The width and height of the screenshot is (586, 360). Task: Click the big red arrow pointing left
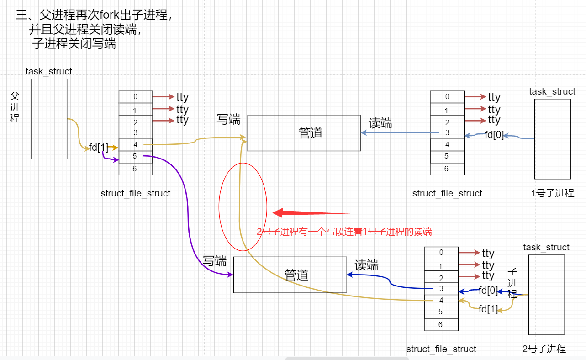[311, 213]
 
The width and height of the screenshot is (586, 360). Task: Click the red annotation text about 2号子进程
[344, 232]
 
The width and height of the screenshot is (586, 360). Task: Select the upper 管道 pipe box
[304, 133]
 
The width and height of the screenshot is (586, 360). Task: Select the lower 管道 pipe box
[290, 275]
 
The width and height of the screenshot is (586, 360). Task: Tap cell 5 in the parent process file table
[135, 157]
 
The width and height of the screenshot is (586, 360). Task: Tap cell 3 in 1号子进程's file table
[447, 133]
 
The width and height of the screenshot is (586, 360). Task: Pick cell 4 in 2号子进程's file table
[441, 301]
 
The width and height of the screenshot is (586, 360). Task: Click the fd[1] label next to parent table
[98, 147]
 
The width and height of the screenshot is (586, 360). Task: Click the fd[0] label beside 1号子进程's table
[494, 135]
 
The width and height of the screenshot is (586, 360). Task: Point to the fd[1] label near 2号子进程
[488, 309]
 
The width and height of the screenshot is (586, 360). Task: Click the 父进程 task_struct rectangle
[49, 119]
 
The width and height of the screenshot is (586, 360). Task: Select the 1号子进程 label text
[553, 193]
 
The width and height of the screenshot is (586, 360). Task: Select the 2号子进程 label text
[544, 349]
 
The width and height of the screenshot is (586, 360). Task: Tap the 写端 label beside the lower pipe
[215, 261]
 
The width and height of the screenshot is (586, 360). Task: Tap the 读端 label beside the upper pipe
[380, 123]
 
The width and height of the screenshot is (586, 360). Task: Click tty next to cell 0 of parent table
[182, 97]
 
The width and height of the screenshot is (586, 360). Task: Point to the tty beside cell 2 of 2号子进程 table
[488, 276]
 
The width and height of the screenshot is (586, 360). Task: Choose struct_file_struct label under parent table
[135, 193]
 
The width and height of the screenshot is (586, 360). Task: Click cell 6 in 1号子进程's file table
[447, 169]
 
